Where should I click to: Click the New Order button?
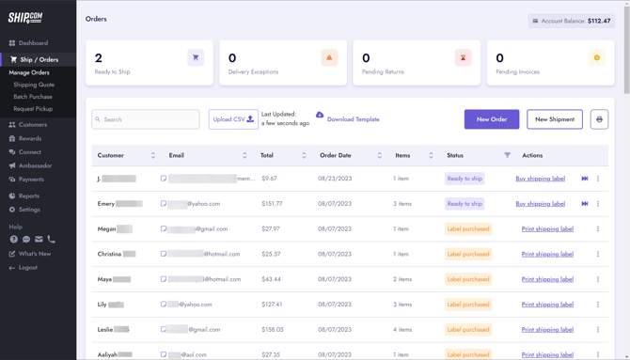pos(491,119)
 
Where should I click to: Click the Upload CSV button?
pos(232,119)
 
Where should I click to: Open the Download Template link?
pos(353,119)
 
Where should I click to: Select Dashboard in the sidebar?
pos(33,43)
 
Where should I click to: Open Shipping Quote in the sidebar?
pos(34,85)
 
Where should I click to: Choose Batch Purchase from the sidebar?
pos(33,97)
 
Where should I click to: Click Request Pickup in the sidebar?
pos(33,109)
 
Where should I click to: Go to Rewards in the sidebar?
pos(30,138)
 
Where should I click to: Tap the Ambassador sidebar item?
pos(36,165)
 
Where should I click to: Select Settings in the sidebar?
pos(29,210)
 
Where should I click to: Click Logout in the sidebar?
pos(27,268)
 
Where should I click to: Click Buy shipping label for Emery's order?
pos(540,204)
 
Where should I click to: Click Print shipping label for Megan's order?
pos(547,229)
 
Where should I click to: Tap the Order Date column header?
pos(335,155)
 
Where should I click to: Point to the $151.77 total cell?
pos(272,204)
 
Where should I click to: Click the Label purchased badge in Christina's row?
pos(468,254)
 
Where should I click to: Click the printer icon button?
pos(599,119)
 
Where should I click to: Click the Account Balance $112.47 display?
pos(572,21)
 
